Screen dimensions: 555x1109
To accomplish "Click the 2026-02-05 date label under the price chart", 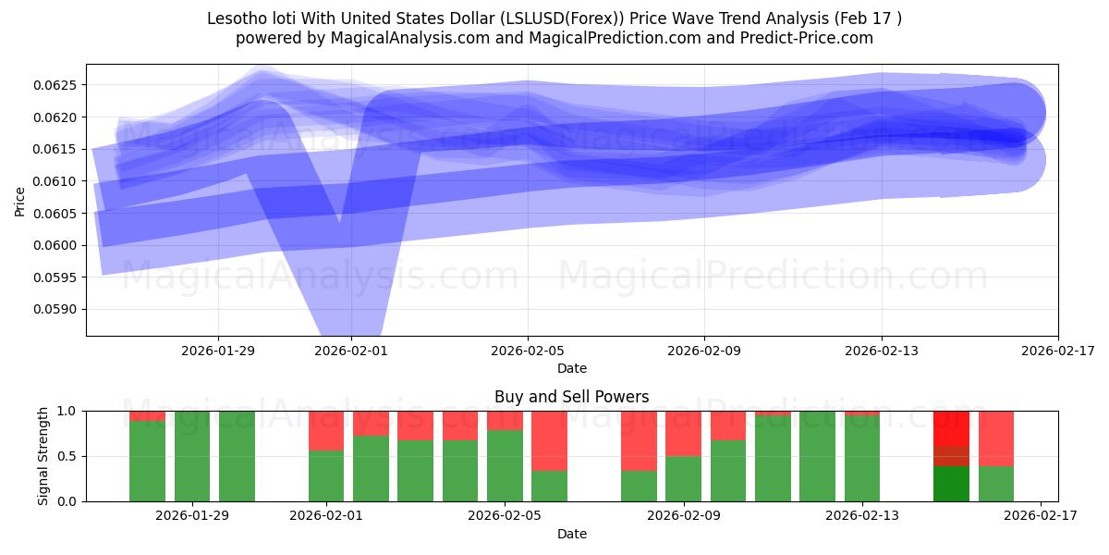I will pyautogui.click(x=528, y=351).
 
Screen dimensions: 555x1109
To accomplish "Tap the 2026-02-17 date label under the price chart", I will pyautogui.click(x=1058, y=351).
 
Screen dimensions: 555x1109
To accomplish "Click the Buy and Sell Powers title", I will pyautogui.click(x=571, y=397).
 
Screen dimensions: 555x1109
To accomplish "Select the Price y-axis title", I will pyautogui.click(x=19, y=200).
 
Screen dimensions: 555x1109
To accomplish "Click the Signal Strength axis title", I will pyautogui.click(x=43, y=456).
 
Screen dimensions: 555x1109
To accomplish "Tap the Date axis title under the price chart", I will pyautogui.click(x=571, y=368).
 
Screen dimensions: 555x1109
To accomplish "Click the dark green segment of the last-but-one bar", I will pyautogui.click(x=951, y=484).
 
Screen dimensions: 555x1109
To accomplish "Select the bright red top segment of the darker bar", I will pyautogui.click(x=951, y=428).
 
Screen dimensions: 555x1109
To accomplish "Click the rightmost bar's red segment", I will pyautogui.click(x=996, y=438).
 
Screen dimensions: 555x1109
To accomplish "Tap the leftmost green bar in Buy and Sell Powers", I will pyautogui.click(x=147, y=461).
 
